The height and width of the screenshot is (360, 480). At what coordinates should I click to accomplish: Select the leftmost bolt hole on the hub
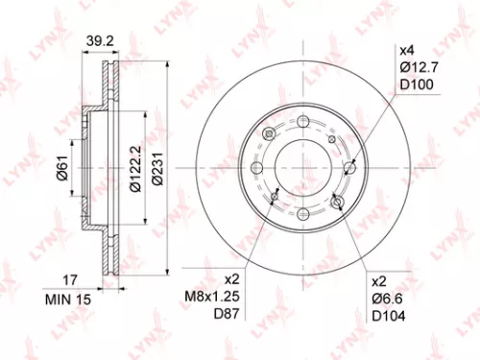coord(257,169)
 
